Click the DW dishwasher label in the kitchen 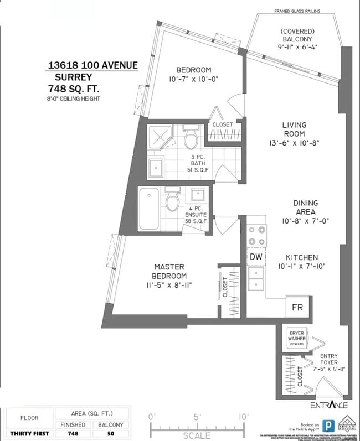[255, 257]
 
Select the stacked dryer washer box [297, 337]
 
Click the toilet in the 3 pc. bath [192, 138]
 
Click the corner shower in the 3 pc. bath [160, 137]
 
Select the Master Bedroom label [169, 271]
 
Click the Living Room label [294, 129]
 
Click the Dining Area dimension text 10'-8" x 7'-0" [304, 220]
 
